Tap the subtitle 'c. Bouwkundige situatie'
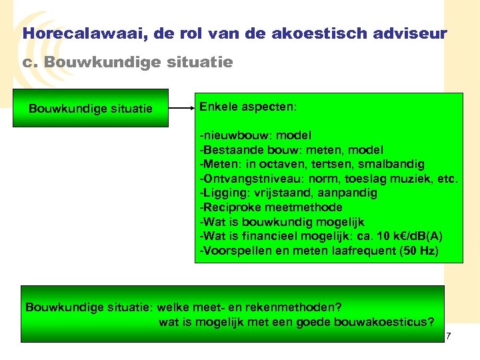click(127, 63)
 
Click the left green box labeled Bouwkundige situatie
click(91, 109)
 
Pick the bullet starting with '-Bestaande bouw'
click(291, 150)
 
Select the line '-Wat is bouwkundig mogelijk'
click(282, 222)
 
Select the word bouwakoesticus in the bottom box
click(385, 323)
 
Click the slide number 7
click(449, 335)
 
